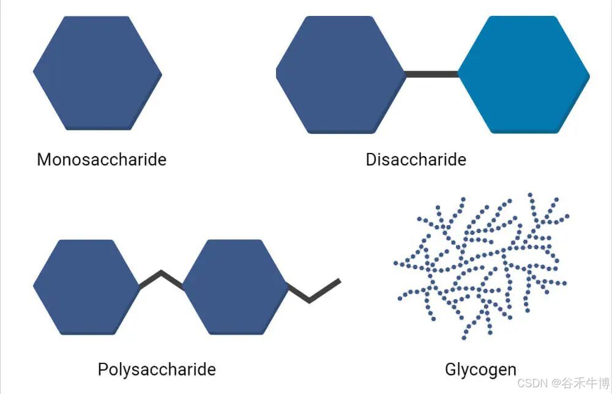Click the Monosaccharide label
(102, 160)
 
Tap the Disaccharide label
(416, 160)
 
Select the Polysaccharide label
(157, 370)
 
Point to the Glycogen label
(480, 370)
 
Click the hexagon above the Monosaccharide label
(97, 73)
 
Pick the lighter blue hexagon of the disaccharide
(524, 74)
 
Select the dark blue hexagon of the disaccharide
(340, 74)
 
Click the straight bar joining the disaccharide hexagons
(431, 74)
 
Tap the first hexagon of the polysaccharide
(86, 287)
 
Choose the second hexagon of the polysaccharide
(236, 287)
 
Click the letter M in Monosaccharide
(43, 160)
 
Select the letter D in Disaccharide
(371, 160)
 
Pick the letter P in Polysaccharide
(103, 370)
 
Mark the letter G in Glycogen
(451, 370)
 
